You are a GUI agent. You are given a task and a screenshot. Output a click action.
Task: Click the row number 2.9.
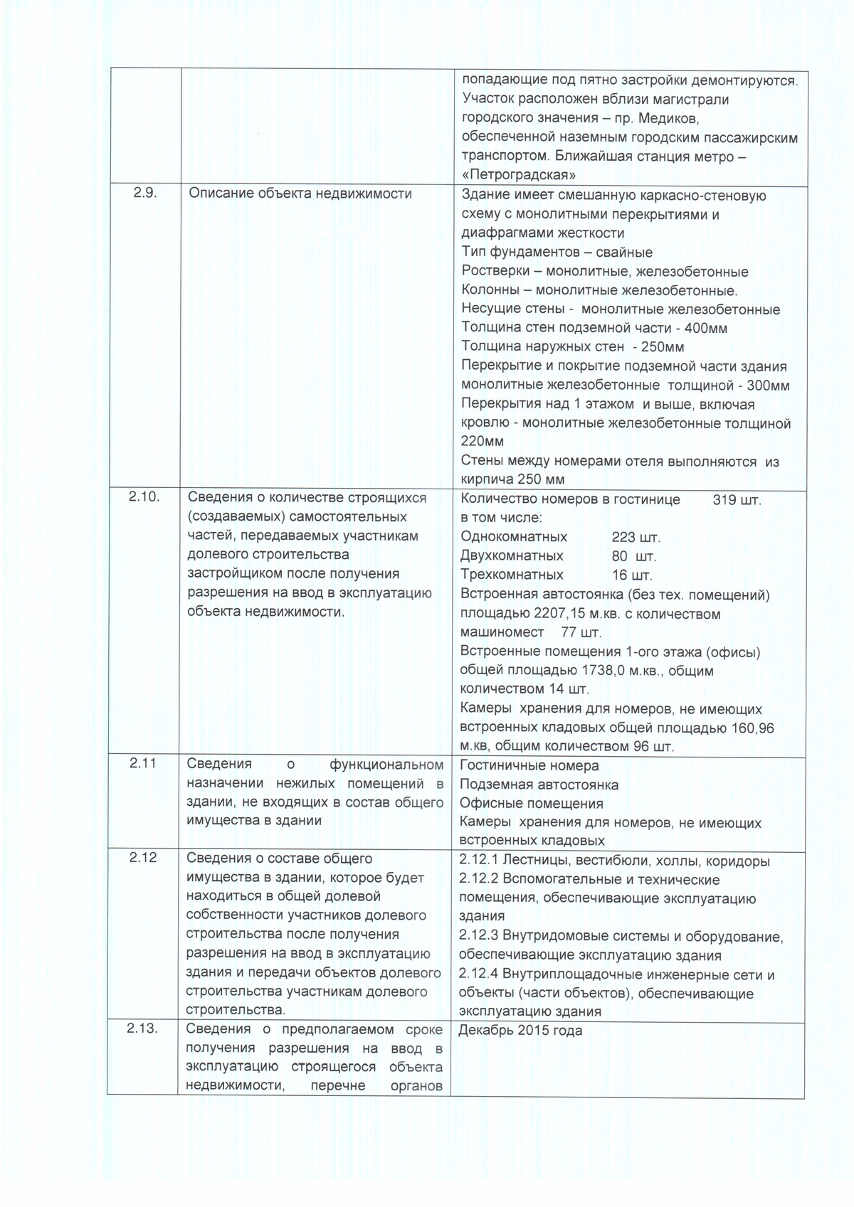click(x=145, y=193)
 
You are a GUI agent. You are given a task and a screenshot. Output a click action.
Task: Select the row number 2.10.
click(x=145, y=497)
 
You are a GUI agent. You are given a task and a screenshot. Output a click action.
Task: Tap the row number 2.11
click(x=143, y=763)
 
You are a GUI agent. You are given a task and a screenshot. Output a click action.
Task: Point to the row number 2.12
click(x=143, y=858)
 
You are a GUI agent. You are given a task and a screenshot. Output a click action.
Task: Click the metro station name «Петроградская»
click(x=519, y=175)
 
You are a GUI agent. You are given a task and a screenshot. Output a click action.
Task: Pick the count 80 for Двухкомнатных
click(x=620, y=556)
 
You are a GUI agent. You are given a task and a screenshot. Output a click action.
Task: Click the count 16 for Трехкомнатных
click(x=619, y=575)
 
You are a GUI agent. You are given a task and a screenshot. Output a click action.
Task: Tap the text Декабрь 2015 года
click(x=520, y=1030)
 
